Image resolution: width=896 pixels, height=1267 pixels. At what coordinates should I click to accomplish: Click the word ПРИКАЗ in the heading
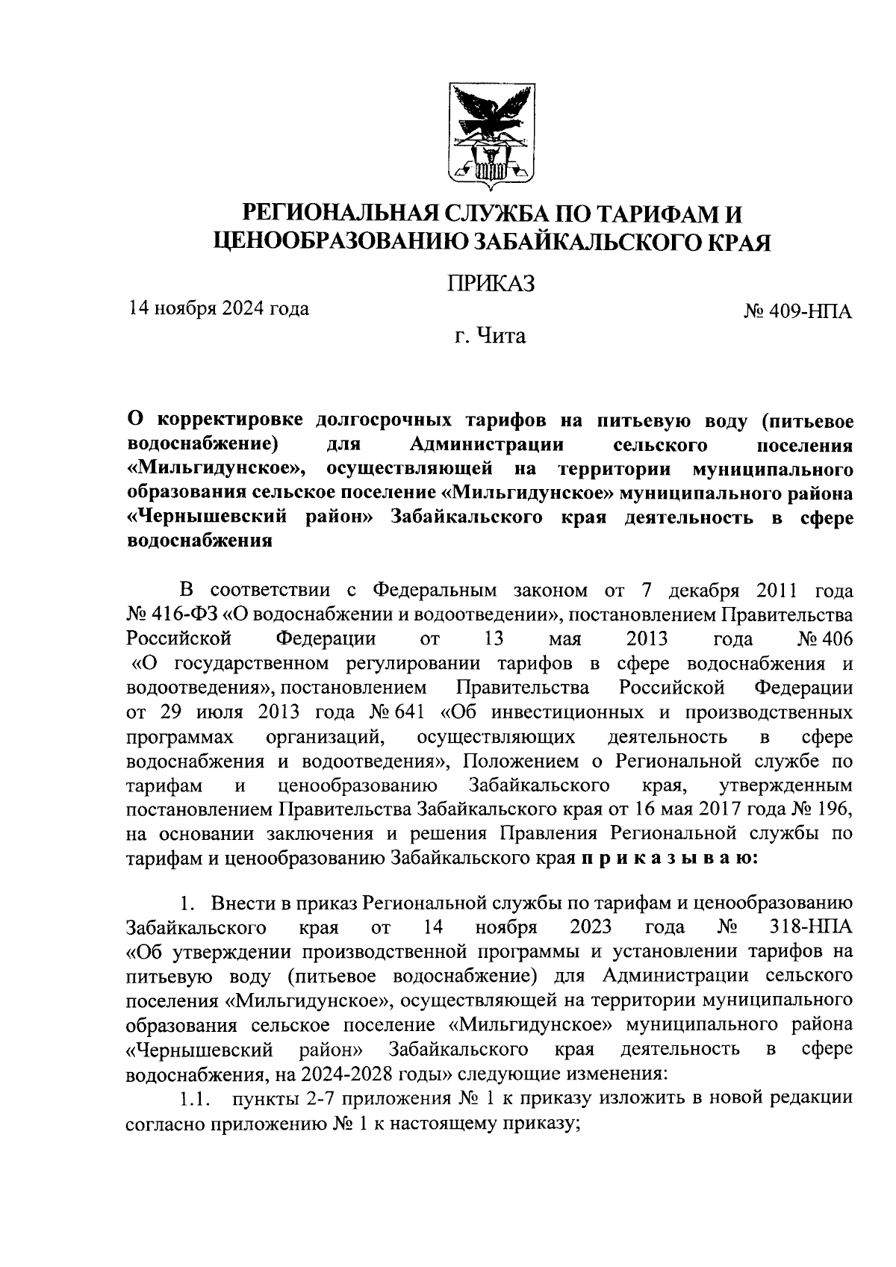[491, 284]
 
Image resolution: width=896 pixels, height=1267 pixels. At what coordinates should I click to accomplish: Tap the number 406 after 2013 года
[833, 639]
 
